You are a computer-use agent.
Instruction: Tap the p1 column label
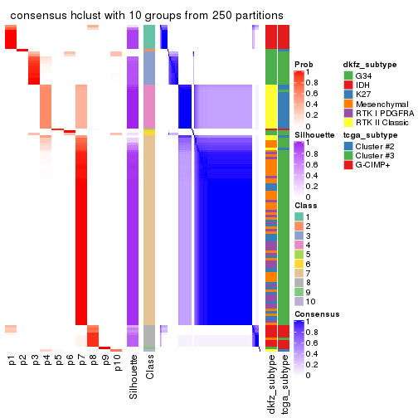pos(12,361)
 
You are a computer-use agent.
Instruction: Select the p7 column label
pos(81,361)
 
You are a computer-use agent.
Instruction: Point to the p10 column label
pos(117,363)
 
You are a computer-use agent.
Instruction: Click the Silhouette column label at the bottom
pos(134,377)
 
